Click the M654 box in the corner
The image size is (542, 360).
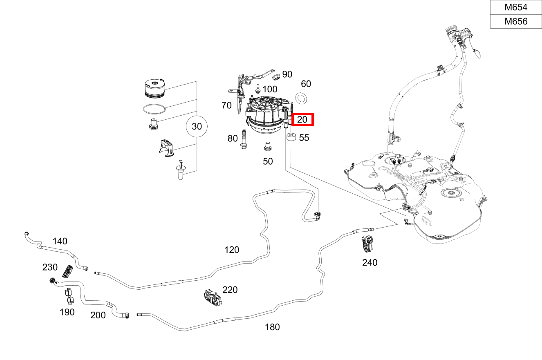pos(516,7)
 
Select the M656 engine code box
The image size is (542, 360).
pos(516,21)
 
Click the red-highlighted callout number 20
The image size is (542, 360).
pos(302,119)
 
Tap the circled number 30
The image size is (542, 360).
pos(197,127)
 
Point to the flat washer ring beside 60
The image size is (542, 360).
pos(302,98)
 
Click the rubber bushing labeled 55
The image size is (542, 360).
pos(291,137)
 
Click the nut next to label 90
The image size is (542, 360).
pos(275,76)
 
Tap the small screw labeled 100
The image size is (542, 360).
pos(258,88)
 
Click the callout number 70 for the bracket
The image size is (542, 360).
pos(226,105)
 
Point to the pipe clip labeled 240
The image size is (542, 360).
pos(368,244)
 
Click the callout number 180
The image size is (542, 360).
pos(272,327)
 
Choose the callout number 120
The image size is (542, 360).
pos(232,250)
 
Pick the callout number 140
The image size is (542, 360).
pos(60,241)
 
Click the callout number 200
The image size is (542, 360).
pos(98,315)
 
